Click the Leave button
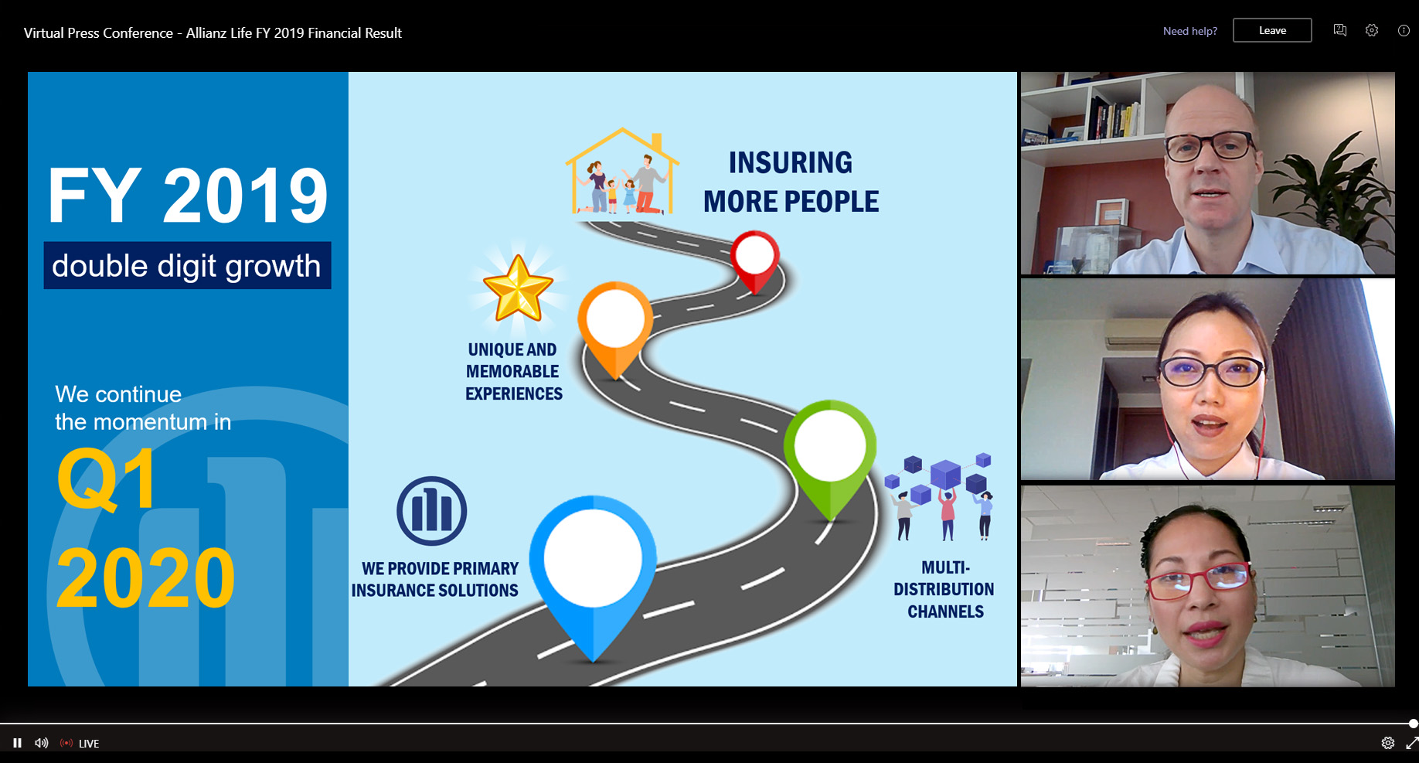pyautogui.click(x=1272, y=30)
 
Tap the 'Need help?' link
pyautogui.click(x=1190, y=31)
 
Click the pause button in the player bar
pyautogui.click(x=17, y=743)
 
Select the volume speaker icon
pyautogui.click(x=42, y=743)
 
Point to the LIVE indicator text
pyautogui.click(x=89, y=744)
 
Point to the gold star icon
pyautogui.click(x=518, y=288)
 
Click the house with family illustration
pyautogui.click(x=622, y=172)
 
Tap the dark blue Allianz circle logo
pyautogui.click(x=432, y=511)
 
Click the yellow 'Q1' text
pyautogui.click(x=107, y=479)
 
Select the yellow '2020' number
pyautogui.click(x=145, y=577)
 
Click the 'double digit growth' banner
pyautogui.click(x=187, y=265)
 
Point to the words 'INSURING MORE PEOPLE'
pyautogui.click(x=791, y=182)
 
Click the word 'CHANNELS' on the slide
pyautogui.click(x=945, y=611)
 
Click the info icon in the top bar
pyautogui.click(x=1404, y=30)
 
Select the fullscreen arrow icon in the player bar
pyautogui.click(x=1411, y=743)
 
